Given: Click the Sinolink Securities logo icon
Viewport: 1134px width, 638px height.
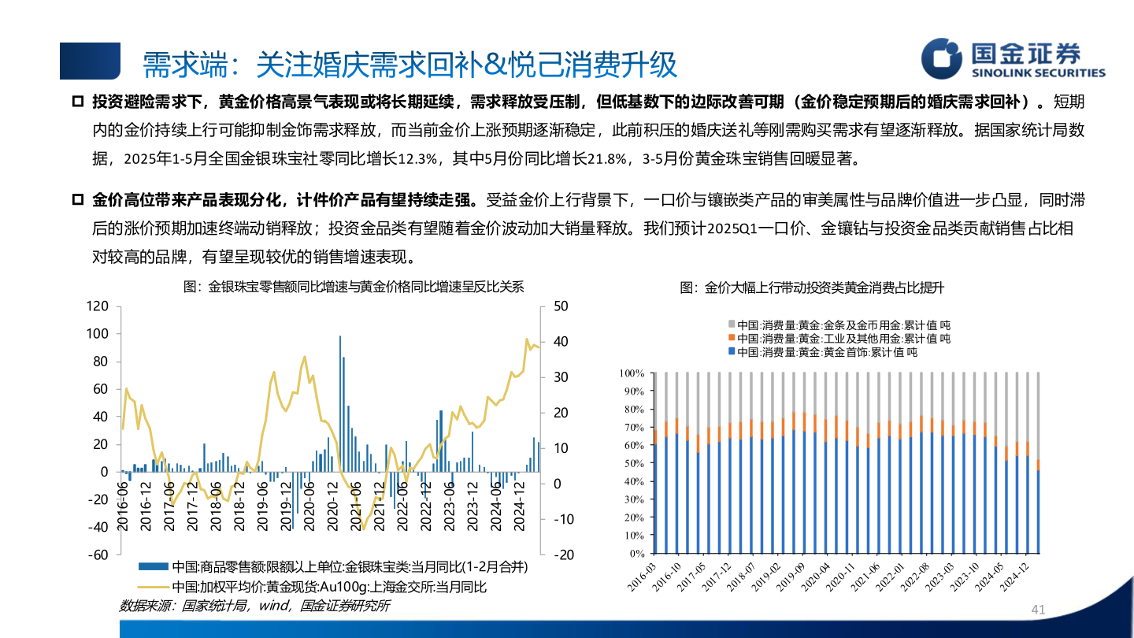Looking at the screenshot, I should [943, 59].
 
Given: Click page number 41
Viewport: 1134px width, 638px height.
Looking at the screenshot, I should [1037, 610].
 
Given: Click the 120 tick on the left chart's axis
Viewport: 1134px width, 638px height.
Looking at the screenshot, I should [97, 306].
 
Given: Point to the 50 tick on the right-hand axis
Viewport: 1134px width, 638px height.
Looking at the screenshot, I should [561, 306].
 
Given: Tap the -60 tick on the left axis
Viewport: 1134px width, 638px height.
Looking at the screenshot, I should [97, 555].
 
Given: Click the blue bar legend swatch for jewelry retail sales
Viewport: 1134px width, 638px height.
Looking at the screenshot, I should [153, 566].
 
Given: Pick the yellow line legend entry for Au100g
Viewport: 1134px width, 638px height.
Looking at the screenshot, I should [153, 587].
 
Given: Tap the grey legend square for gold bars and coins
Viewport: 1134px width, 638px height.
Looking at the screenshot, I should [732, 324].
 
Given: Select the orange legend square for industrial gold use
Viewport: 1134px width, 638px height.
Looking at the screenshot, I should [732, 338].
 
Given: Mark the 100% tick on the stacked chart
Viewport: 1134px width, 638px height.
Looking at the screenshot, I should [632, 373].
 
